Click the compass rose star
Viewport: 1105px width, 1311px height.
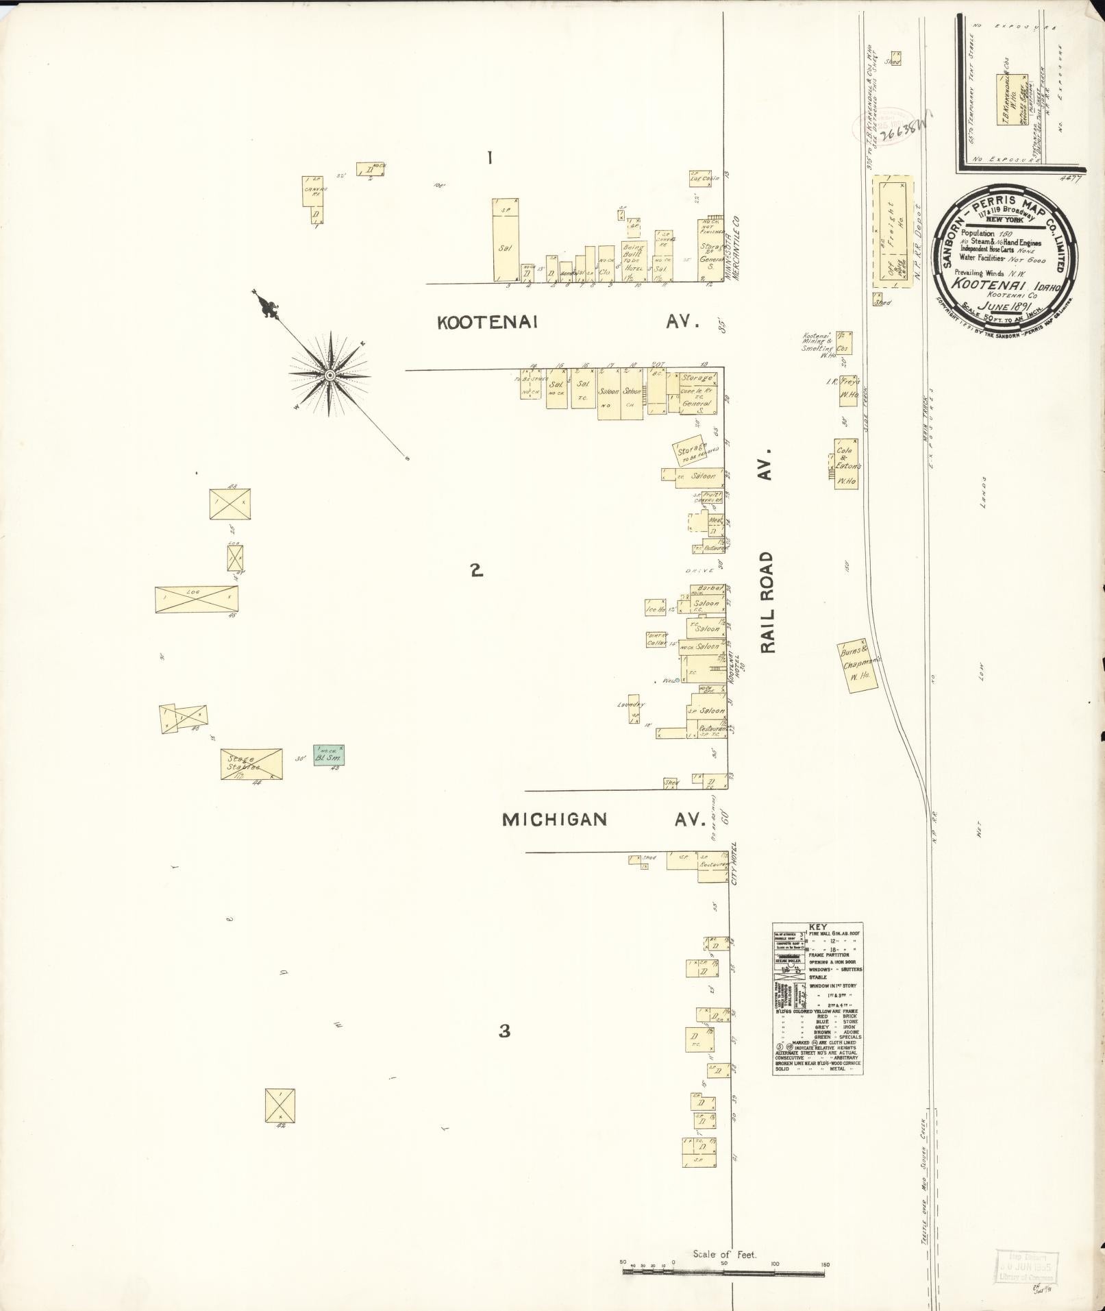point(330,375)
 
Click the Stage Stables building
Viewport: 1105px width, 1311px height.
point(251,764)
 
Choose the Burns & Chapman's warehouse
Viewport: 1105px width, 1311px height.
point(857,667)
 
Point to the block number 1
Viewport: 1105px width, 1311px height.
point(489,158)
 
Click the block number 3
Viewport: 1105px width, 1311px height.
point(505,1031)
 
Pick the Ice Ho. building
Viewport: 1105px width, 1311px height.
point(656,607)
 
